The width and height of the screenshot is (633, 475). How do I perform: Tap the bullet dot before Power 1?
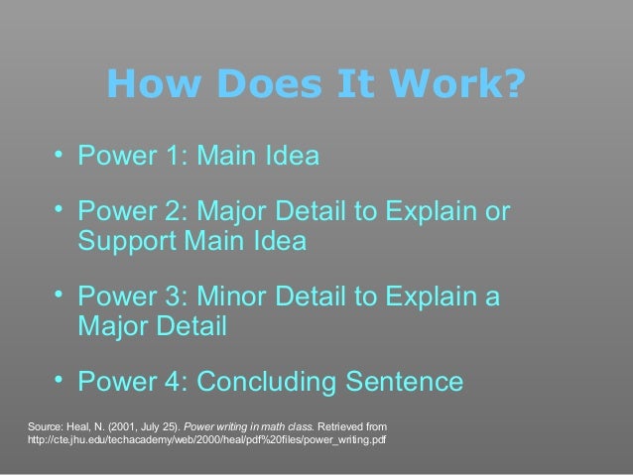(x=60, y=153)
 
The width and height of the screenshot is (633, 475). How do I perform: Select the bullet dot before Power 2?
(x=60, y=209)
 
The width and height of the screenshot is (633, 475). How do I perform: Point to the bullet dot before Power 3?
(x=60, y=295)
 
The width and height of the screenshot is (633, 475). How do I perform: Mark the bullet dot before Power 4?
(x=60, y=379)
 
